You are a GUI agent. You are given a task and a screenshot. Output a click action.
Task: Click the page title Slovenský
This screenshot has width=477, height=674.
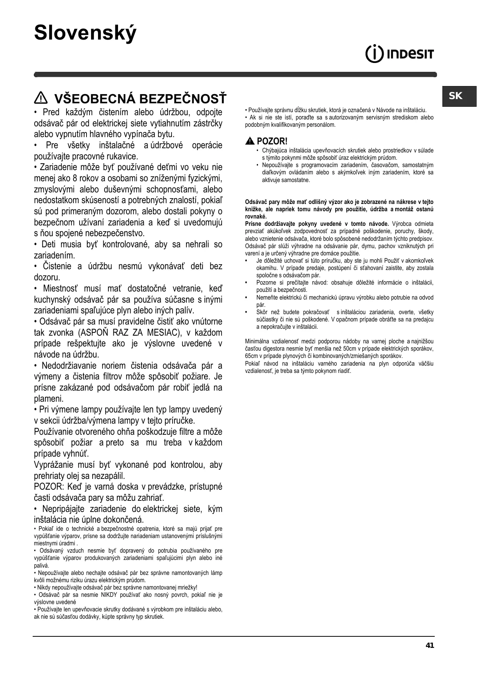tap(85, 33)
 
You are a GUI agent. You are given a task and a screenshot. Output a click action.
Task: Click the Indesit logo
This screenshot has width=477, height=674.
tap(399, 54)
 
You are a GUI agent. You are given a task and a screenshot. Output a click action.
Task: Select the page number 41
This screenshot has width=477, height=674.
tap(430, 645)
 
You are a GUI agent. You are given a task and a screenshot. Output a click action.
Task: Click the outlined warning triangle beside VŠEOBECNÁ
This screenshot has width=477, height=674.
tap(40, 99)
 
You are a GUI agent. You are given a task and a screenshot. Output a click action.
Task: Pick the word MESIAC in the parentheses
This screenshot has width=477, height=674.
tap(163, 333)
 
